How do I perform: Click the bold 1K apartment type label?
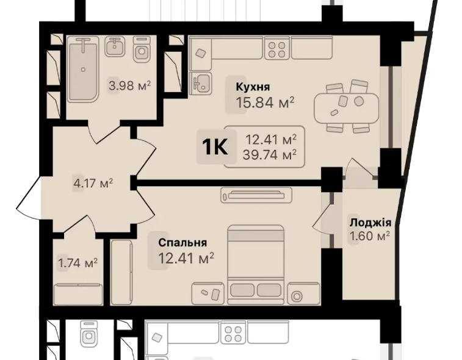214,147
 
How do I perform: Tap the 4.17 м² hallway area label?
93,182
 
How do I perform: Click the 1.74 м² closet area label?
78,263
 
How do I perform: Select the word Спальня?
182,242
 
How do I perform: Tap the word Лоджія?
370,223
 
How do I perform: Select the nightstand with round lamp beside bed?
297,295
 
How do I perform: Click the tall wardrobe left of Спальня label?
121,272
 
